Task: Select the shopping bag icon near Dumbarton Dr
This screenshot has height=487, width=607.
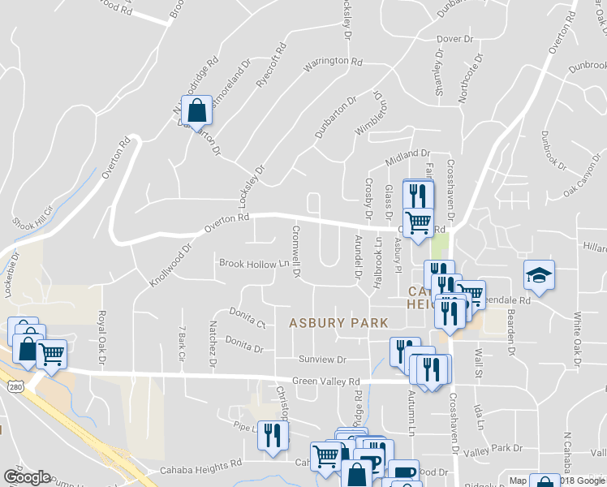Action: point(197,111)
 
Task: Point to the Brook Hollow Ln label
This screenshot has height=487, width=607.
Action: point(254,263)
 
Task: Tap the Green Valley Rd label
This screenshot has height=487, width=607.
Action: point(326,381)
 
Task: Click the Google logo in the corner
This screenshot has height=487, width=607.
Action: point(26,477)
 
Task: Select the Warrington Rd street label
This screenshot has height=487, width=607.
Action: point(333,62)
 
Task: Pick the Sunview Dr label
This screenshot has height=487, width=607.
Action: point(322,359)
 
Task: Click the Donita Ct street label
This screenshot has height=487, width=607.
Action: point(248,317)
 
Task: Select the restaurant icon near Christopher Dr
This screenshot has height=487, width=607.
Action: point(273,435)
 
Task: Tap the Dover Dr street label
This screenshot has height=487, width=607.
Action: point(454,39)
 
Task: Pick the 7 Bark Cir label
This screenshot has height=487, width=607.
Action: point(181,344)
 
